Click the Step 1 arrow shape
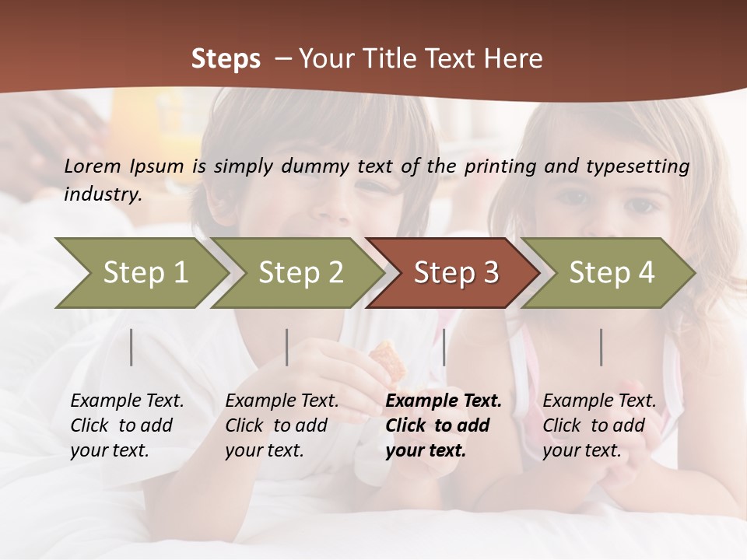(x=144, y=273)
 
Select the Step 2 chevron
(x=300, y=273)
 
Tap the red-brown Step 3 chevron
(x=455, y=273)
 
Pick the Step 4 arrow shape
(x=611, y=273)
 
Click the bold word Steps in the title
(x=226, y=59)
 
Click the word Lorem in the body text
(x=93, y=166)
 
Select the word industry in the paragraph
(x=102, y=194)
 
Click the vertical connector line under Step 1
(x=132, y=347)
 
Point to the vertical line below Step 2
(x=287, y=347)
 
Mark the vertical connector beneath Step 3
(x=444, y=347)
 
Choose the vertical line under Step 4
(x=601, y=347)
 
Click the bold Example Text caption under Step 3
(x=444, y=425)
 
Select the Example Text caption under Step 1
(x=127, y=425)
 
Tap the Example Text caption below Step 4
(x=599, y=425)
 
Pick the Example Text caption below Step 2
(x=282, y=425)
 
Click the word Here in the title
(x=515, y=59)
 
